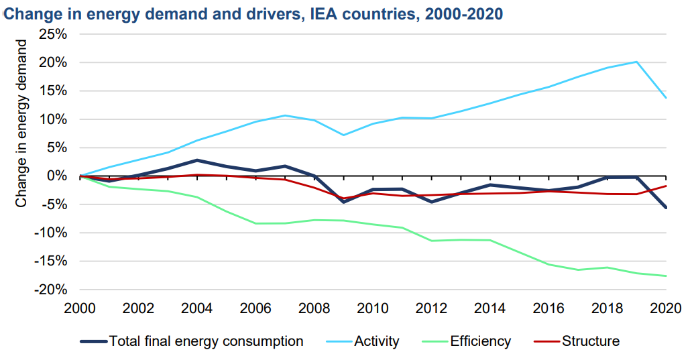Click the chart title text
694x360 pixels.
click(x=253, y=14)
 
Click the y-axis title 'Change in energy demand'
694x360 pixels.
click(x=21, y=123)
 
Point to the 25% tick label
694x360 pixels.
click(x=52, y=34)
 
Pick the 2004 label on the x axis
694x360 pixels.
click(x=198, y=308)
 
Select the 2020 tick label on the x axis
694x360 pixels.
click(x=665, y=308)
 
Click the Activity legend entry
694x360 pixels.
click(x=375, y=341)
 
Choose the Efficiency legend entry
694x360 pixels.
click(x=480, y=341)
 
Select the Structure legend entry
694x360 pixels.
click(x=590, y=341)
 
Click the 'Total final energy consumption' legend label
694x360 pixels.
click(x=206, y=341)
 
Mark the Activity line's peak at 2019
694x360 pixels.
click(x=636, y=62)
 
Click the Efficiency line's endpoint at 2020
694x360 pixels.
click(x=666, y=276)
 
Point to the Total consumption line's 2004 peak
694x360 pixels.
click(x=198, y=160)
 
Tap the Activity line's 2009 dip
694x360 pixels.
click(x=344, y=135)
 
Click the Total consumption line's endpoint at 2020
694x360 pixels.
click(x=666, y=208)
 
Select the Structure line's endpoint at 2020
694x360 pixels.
click(x=666, y=186)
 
